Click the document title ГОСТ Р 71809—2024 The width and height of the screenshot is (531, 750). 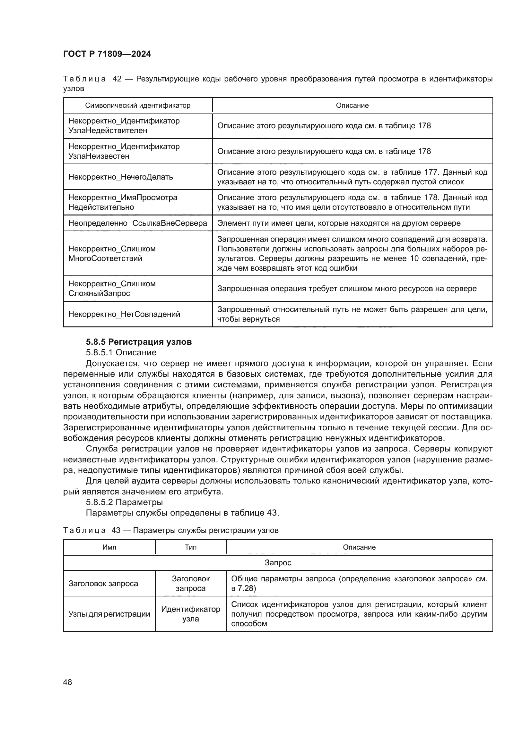tap(107, 54)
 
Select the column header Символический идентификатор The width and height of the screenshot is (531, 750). tap(137, 105)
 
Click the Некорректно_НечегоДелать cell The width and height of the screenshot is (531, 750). tap(121, 177)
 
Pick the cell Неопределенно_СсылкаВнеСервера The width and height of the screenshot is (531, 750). tap(137, 223)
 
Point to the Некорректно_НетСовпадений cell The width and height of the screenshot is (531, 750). tap(124, 314)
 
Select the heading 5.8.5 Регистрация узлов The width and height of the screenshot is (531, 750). tap(139, 342)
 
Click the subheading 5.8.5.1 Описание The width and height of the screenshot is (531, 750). tap(121, 352)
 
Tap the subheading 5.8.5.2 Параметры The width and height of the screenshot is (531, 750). tap(124, 502)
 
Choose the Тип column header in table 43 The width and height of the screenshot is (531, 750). tap(191, 547)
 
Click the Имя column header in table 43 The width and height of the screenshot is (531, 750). tap(109, 547)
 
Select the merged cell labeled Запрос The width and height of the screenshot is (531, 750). tap(278, 562)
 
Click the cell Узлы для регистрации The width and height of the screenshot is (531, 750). tap(109, 614)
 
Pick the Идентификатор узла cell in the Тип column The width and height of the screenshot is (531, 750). tap(191, 614)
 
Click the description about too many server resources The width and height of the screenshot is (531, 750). tap(347, 289)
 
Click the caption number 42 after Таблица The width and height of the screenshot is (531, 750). tap(117, 79)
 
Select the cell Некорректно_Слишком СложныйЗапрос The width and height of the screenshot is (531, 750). tap(112, 289)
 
